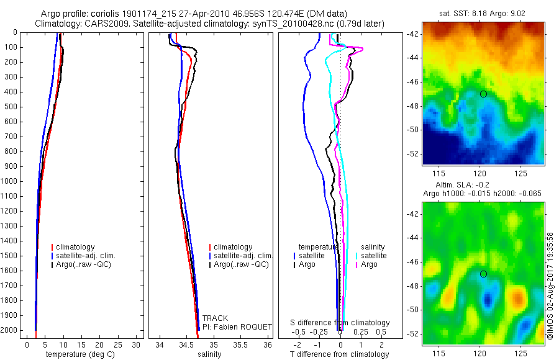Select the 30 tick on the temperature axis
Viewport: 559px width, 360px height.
point(137,344)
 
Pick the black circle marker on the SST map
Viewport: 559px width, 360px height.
point(483,94)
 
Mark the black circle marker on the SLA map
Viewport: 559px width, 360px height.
point(483,274)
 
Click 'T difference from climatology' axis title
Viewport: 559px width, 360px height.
point(339,354)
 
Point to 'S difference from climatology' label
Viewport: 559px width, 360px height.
point(340,323)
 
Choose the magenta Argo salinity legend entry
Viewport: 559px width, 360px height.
point(369,264)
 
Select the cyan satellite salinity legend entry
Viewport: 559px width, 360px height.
point(373,256)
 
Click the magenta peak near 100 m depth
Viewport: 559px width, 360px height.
point(362,49)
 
